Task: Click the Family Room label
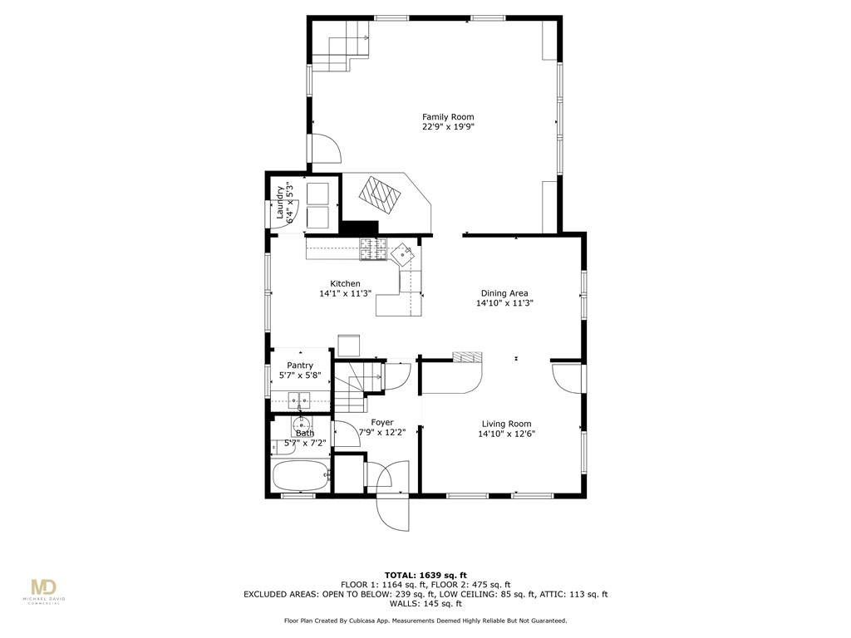point(448,117)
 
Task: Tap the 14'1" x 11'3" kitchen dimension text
point(345,294)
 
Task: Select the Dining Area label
point(504,293)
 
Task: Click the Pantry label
point(300,366)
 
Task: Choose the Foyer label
point(382,423)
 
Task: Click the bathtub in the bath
point(300,478)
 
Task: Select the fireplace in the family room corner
point(381,197)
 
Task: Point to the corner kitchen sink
point(406,253)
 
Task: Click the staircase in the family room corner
point(340,46)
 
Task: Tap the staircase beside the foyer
point(352,386)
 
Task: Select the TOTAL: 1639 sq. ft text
point(425,575)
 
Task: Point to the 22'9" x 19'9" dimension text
point(448,127)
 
